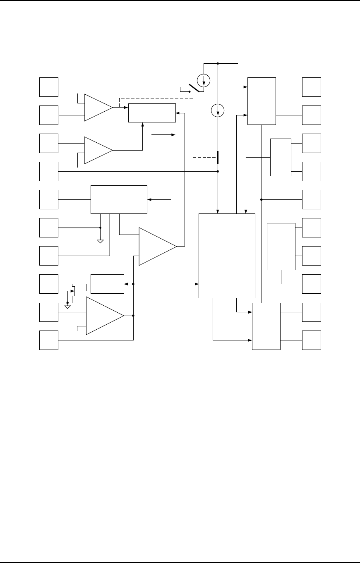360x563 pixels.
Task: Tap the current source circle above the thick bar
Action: pos(218,110)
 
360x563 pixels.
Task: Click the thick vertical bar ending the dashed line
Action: pos(218,157)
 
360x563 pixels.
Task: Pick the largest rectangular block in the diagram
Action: pos(227,255)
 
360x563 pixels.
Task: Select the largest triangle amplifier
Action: pos(158,246)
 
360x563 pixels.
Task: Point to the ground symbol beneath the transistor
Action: pos(67,307)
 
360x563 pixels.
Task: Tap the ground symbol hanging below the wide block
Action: pos(100,241)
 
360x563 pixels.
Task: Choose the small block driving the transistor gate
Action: pos(107,283)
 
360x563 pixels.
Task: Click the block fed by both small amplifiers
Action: pos(152,113)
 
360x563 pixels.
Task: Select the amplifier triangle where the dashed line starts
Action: pos(98,107)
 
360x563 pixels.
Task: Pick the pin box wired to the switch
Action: pos(49,86)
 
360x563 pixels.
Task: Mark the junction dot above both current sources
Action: pos(218,64)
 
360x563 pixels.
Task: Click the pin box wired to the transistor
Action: pos(49,283)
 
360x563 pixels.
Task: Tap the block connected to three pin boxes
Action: pos(281,246)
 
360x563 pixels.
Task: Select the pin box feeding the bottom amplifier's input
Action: pos(49,311)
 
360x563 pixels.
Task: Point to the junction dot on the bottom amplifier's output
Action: pos(133,316)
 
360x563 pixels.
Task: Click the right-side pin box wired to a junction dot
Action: pos(312,199)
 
